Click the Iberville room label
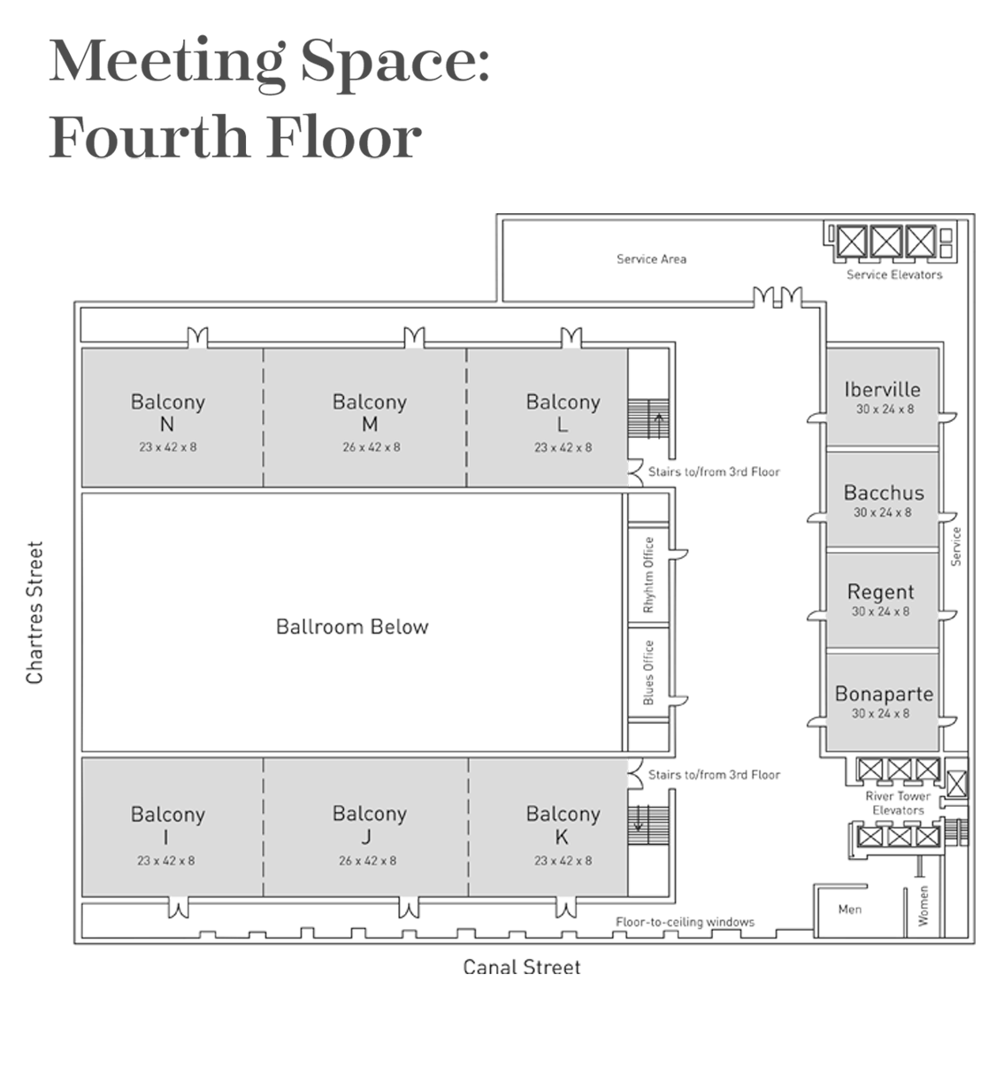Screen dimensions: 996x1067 click(x=882, y=389)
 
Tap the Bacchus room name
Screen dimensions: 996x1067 click(x=883, y=492)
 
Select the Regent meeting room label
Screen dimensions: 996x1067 click(x=880, y=592)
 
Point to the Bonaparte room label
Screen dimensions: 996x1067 click(x=883, y=694)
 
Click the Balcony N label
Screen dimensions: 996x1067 click(x=167, y=412)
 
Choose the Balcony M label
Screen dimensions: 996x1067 click(x=370, y=412)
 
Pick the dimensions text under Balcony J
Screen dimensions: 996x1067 click(x=367, y=860)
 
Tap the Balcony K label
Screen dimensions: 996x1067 click(x=563, y=825)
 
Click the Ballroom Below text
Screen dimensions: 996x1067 click(x=352, y=626)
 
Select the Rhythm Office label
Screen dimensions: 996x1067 click(x=648, y=574)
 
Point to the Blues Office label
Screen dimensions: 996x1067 click(x=648, y=672)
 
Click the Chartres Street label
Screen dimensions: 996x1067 click(x=34, y=612)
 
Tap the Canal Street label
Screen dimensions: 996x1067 click(x=522, y=967)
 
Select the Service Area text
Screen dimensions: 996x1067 click(x=651, y=259)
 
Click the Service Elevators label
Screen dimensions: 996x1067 click(x=894, y=274)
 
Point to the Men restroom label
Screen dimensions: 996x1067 click(x=849, y=909)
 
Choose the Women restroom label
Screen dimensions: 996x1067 click(x=923, y=906)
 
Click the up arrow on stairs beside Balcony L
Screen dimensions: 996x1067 click(x=659, y=426)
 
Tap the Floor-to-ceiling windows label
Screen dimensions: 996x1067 click(x=685, y=922)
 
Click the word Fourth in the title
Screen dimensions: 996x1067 click(x=149, y=136)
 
